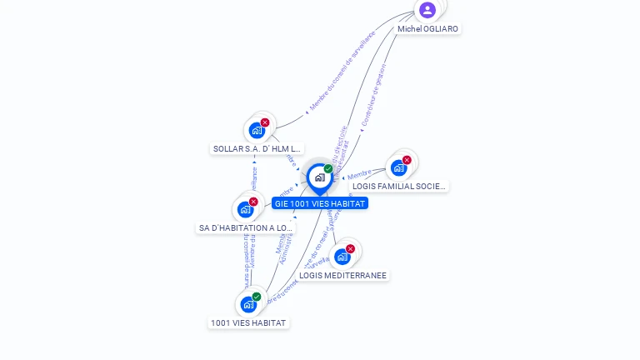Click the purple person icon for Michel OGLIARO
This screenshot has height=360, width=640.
427,10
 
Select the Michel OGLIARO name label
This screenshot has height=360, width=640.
427,28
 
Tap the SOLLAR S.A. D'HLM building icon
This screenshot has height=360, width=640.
257,130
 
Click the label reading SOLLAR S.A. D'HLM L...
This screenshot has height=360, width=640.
257,148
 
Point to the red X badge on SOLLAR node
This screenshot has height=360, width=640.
265,122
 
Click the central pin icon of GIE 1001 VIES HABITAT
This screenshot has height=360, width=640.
319,177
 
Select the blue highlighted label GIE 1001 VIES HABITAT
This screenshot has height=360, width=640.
320,202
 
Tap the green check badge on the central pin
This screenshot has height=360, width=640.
328,169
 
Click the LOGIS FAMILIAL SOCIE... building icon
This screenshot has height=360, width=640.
398,167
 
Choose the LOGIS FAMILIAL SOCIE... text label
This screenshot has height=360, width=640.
399,186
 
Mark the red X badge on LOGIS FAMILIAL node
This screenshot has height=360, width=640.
407,160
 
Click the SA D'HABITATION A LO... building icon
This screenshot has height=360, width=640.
245,209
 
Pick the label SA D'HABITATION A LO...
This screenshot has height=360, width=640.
246,227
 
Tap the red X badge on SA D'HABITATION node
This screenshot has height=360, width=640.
253,202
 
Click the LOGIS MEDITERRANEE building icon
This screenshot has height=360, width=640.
342,257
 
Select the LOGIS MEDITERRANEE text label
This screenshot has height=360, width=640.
343,275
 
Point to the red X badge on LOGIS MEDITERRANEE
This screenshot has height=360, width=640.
350,248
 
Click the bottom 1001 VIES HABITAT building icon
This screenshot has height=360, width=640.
248,304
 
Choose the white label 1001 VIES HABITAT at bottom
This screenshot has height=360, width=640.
248,322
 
